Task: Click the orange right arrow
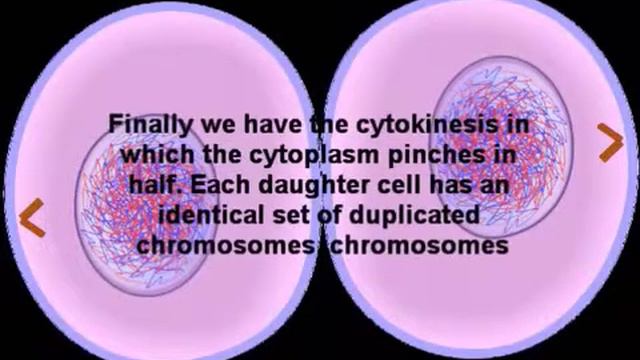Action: (609, 143)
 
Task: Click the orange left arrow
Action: (33, 219)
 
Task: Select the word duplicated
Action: (410, 215)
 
